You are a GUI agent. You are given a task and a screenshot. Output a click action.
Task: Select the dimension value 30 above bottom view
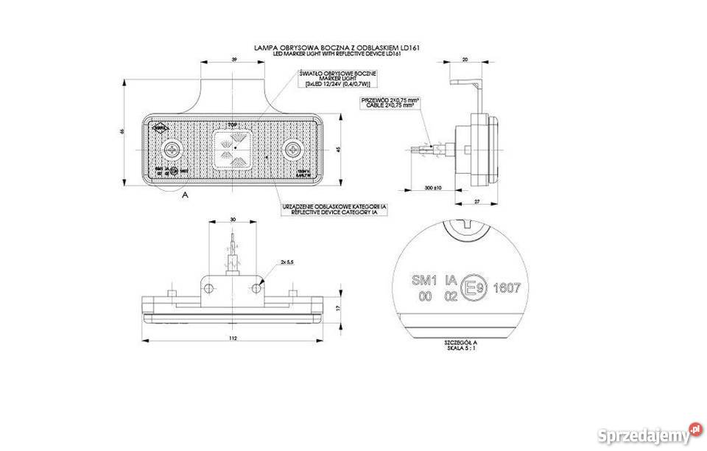point(233,219)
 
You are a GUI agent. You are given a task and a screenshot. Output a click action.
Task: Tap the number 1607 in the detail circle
point(507,288)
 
